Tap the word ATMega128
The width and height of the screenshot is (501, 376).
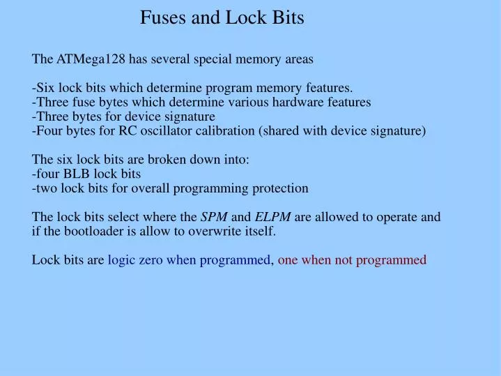(x=88, y=59)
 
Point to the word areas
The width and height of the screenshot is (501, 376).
(x=299, y=59)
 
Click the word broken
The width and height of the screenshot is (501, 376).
(x=164, y=160)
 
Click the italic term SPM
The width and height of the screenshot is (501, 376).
(x=214, y=217)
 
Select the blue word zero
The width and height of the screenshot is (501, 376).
(x=151, y=260)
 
